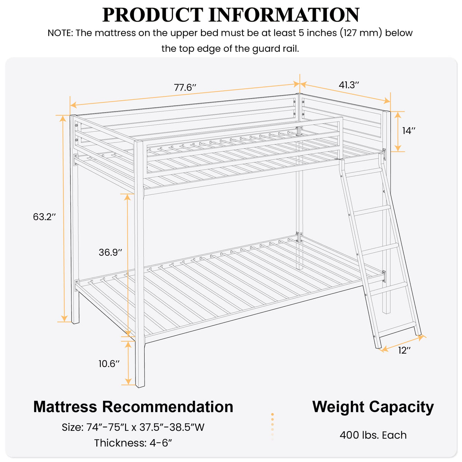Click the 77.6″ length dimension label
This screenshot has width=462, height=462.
click(x=185, y=88)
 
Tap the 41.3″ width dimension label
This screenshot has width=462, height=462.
click(x=349, y=85)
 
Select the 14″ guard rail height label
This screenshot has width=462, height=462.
click(x=409, y=131)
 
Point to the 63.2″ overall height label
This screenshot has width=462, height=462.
click(x=45, y=217)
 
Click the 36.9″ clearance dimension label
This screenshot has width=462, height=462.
click(x=110, y=252)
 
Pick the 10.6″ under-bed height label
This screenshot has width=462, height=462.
click(x=109, y=364)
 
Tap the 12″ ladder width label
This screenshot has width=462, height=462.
click(x=405, y=350)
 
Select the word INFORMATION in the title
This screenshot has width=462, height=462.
click(x=284, y=15)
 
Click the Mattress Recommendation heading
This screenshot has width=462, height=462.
click(x=133, y=407)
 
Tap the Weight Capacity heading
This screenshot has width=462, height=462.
click(x=373, y=407)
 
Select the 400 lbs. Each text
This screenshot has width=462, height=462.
click(x=373, y=435)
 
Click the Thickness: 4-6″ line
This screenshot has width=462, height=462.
click(x=133, y=443)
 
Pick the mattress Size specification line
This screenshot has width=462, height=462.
click(x=133, y=427)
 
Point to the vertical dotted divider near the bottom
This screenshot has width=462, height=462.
click(x=272, y=427)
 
